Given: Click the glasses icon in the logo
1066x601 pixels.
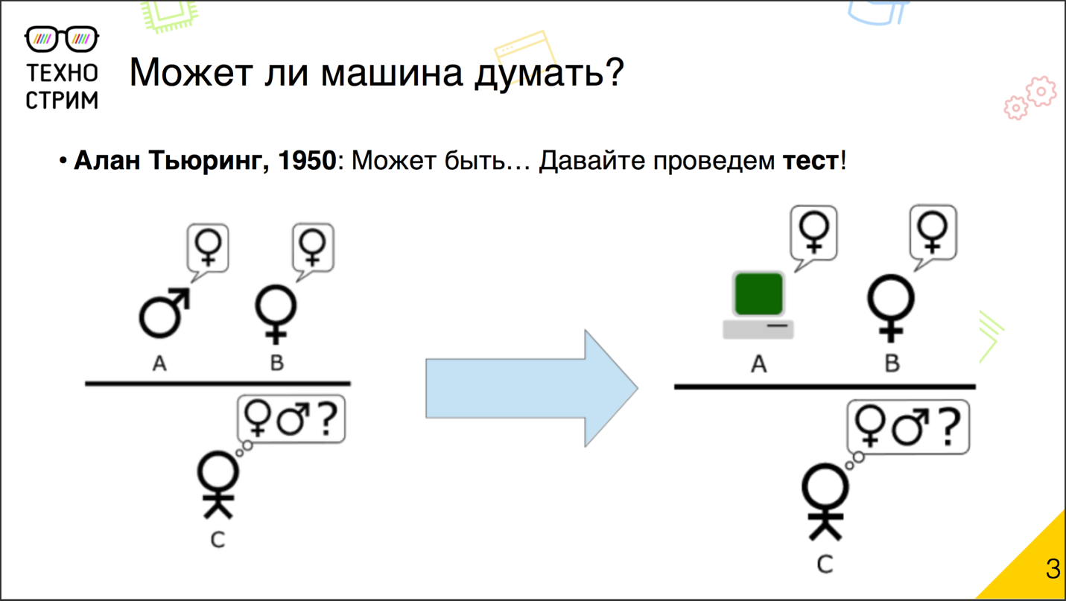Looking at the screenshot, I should click(x=62, y=39).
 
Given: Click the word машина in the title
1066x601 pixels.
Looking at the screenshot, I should click(x=393, y=73).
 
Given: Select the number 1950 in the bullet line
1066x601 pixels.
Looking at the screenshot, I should click(x=307, y=160).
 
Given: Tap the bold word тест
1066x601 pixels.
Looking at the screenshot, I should click(x=810, y=160).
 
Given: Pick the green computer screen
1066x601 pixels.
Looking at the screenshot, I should click(x=758, y=294).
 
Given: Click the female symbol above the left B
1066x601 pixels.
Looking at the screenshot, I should click(x=276, y=314).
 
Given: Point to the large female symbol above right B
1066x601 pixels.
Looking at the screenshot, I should click(x=891, y=305).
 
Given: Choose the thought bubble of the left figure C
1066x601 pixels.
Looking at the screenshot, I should click(x=291, y=420).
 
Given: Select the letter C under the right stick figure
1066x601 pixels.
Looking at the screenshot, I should click(x=824, y=564).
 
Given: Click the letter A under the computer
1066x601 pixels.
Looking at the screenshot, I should click(x=758, y=363).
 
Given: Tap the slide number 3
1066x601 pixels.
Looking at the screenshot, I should click(x=1052, y=568).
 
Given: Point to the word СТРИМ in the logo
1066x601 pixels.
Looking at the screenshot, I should click(x=62, y=100).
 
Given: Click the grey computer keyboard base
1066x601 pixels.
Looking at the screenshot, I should click(x=758, y=328).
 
